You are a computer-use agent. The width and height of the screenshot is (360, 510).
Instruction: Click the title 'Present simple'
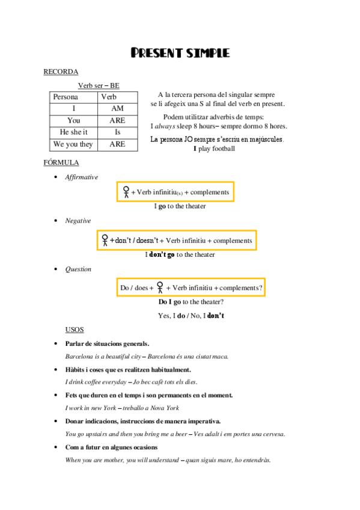pos(180,54)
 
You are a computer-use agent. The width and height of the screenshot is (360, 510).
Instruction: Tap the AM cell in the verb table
pos(117,108)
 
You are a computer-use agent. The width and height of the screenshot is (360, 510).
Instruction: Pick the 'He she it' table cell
pos(73,132)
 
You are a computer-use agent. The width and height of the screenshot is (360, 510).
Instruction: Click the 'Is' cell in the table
pos(117,132)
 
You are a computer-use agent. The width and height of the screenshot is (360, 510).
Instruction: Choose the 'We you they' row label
pos(73,144)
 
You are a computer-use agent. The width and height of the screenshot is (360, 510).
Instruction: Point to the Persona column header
pos(66,97)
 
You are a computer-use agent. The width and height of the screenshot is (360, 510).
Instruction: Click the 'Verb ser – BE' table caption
pos(99,86)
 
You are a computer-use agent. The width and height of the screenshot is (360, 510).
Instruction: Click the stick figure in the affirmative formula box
pos(126,192)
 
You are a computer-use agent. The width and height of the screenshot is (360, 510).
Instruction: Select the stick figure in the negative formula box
pos(105,240)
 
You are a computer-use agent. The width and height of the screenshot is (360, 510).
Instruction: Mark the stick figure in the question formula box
pos(159,287)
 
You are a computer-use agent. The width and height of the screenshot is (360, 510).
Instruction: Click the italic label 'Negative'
pos(78,221)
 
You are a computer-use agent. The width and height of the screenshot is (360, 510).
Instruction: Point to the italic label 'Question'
pos(78,269)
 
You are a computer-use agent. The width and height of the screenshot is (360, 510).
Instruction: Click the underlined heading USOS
pos(75,330)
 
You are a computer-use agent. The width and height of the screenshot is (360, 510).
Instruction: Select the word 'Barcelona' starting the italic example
pos(79,356)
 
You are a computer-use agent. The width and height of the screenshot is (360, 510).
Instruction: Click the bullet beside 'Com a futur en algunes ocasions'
pos(56,447)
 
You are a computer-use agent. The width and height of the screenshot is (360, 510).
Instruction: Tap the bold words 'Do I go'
pos(169,302)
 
